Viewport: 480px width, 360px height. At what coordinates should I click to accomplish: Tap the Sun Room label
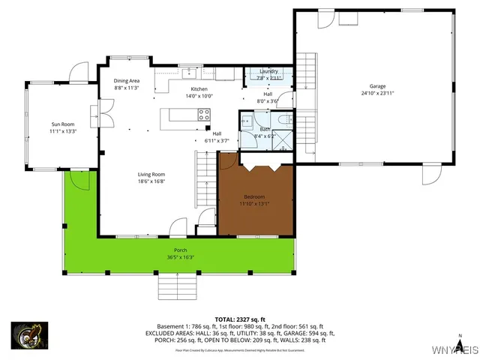(x=63, y=124)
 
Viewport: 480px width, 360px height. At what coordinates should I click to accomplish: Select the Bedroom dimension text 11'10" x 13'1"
(x=254, y=203)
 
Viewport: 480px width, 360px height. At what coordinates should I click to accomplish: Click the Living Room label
(x=151, y=174)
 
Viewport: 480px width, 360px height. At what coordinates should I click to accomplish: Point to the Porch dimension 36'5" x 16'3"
(x=180, y=257)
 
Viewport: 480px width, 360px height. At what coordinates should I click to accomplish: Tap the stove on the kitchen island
(x=203, y=114)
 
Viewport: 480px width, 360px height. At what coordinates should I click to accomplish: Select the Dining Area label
(x=127, y=80)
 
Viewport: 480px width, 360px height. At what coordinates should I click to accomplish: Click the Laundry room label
(x=268, y=71)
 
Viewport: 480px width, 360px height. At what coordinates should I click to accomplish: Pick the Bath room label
(x=265, y=128)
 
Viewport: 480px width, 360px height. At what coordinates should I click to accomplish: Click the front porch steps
(x=178, y=286)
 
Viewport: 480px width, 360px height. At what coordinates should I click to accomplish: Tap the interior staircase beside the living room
(x=204, y=180)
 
